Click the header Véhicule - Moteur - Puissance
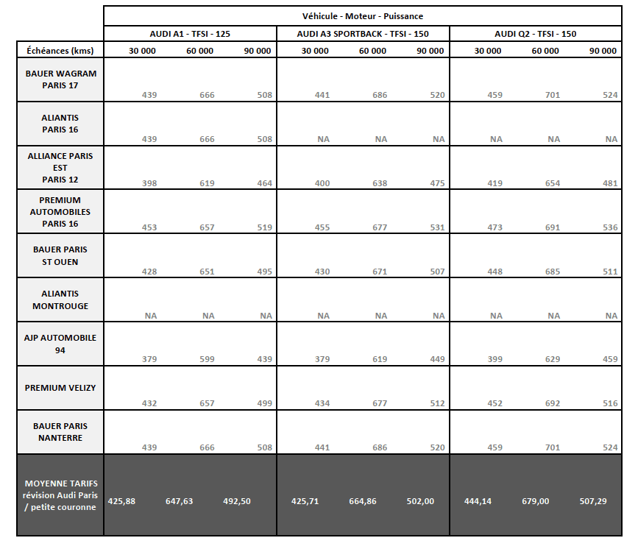click(x=362, y=16)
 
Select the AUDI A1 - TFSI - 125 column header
click(x=190, y=34)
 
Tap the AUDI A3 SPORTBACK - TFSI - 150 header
click(x=363, y=34)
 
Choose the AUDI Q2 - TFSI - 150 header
click(x=535, y=34)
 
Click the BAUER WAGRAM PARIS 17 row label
click(x=61, y=79)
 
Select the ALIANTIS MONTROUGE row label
click(x=61, y=300)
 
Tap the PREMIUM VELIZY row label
click(x=61, y=388)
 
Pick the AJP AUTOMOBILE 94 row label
click(x=61, y=344)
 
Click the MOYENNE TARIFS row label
click(x=61, y=495)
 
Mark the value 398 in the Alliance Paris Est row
click(x=149, y=183)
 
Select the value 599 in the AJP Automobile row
click(x=207, y=360)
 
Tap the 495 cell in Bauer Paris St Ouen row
click(x=264, y=272)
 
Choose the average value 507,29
click(x=603, y=501)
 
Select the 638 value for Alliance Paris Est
click(x=380, y=183)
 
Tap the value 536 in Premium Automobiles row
click(x=610, y=227)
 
